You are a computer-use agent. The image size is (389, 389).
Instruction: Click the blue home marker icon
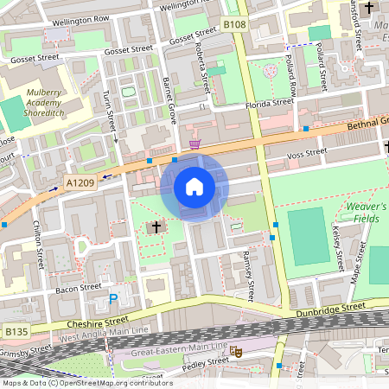coord(194,186)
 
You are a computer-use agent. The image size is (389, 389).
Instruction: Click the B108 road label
coord(234,25)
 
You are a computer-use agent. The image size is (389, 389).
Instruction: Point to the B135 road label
coord(16,331)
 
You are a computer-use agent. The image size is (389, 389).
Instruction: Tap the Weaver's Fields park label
coord(366,212)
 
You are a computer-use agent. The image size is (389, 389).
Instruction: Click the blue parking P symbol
coord(113,300)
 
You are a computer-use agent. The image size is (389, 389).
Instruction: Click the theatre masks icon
coord(235,352)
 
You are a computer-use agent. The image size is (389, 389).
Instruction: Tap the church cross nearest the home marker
coord(156,228)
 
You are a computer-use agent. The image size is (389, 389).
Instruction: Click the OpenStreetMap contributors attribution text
coord(86,383)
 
